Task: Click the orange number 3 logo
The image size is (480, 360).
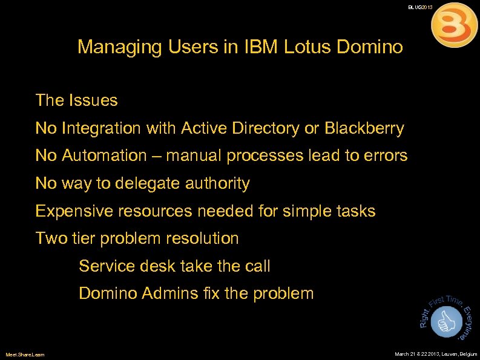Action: (x=454, y=25)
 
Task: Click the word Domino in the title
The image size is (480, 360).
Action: (x=370, y=47)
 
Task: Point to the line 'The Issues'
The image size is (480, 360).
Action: (x=76, y=100)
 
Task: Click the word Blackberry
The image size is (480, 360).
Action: (x=364, y=128)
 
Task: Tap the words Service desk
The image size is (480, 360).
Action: (x=125, y=266)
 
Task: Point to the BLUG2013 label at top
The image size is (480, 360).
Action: (x=420, y=7)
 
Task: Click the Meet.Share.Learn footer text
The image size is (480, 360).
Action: (x=25, y=354)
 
